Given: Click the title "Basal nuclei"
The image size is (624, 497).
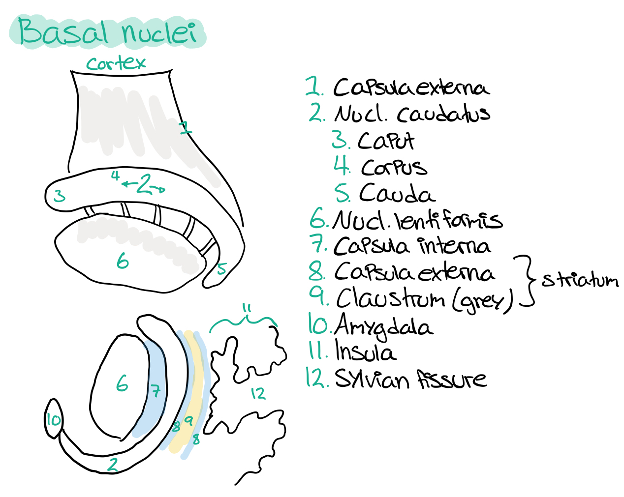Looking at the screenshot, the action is (x=107, y=32).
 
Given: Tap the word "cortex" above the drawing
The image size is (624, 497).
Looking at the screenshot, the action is (x=116, y=63).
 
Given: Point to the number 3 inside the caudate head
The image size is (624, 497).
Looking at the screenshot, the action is (x=59, y=196).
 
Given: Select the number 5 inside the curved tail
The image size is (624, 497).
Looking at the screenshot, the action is (x=222, y=268).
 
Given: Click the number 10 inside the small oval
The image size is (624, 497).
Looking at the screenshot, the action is (x=53, y=420).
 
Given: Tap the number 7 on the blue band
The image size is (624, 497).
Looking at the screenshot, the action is (x=156, y=391).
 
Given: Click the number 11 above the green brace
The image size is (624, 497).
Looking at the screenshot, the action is (x=247, y=309).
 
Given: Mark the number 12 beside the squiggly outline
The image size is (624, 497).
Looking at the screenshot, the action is (x=258, y=393).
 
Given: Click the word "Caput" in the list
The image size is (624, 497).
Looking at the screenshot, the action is (x=386, y=141).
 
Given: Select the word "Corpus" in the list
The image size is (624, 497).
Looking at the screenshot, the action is (x=394, y=168).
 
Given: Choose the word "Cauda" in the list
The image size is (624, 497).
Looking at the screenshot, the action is (x=397, y=193).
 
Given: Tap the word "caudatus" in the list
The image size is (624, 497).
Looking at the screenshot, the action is (x=443, y=114).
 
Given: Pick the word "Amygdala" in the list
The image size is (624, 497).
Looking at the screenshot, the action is (x=384, y=327).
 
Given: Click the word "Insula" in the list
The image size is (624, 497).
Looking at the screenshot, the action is (x=365, y=352).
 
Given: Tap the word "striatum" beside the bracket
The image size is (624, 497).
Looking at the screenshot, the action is (x=580, y=280).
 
